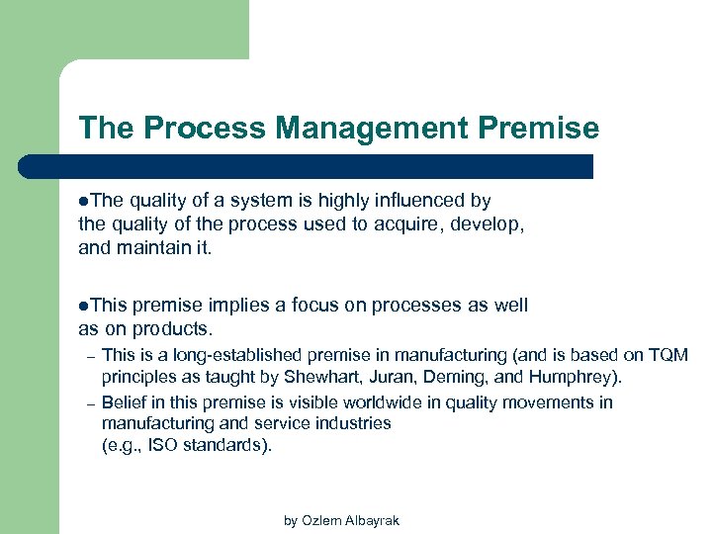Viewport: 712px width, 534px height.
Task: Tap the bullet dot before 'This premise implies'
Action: [x=83, y=307]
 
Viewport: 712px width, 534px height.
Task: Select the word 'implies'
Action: [x=240, y=306]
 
